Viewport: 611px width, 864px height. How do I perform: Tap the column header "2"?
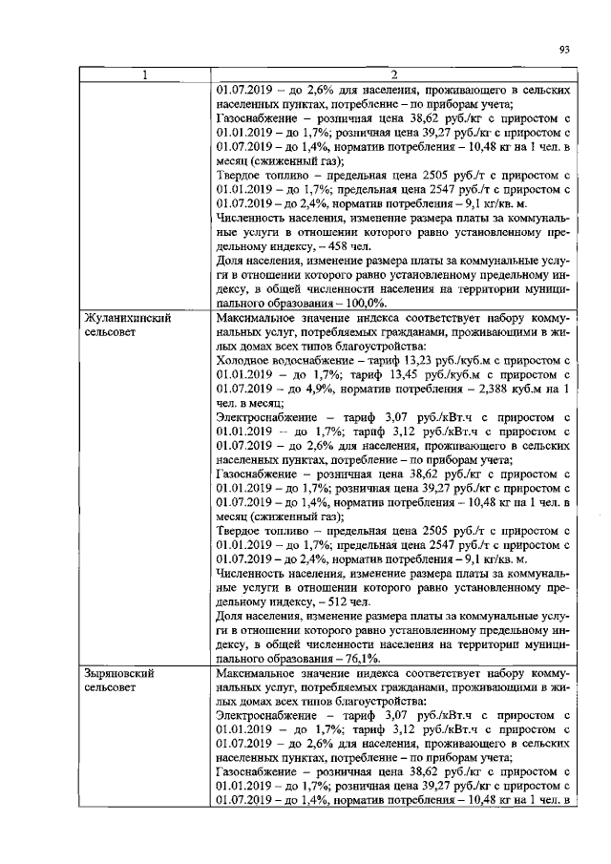coord(393,75)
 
